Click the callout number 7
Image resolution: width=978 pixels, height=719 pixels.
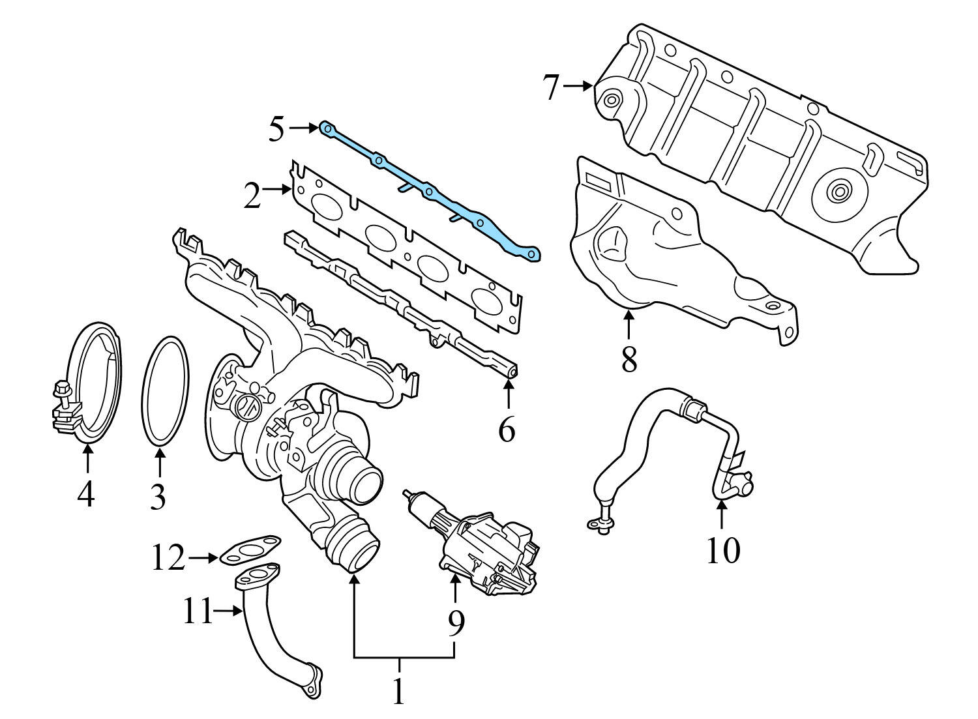pos(552,87)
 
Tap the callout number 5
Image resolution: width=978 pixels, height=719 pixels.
pos(277,130)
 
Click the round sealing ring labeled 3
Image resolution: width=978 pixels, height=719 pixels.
pos(165,392)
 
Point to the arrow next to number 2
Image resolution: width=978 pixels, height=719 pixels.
pos(278,190)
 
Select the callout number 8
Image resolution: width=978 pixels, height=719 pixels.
pos(629,359)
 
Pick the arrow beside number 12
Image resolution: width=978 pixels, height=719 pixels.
pos(203,558)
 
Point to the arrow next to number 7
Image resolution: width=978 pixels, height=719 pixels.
pos(578,85)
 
